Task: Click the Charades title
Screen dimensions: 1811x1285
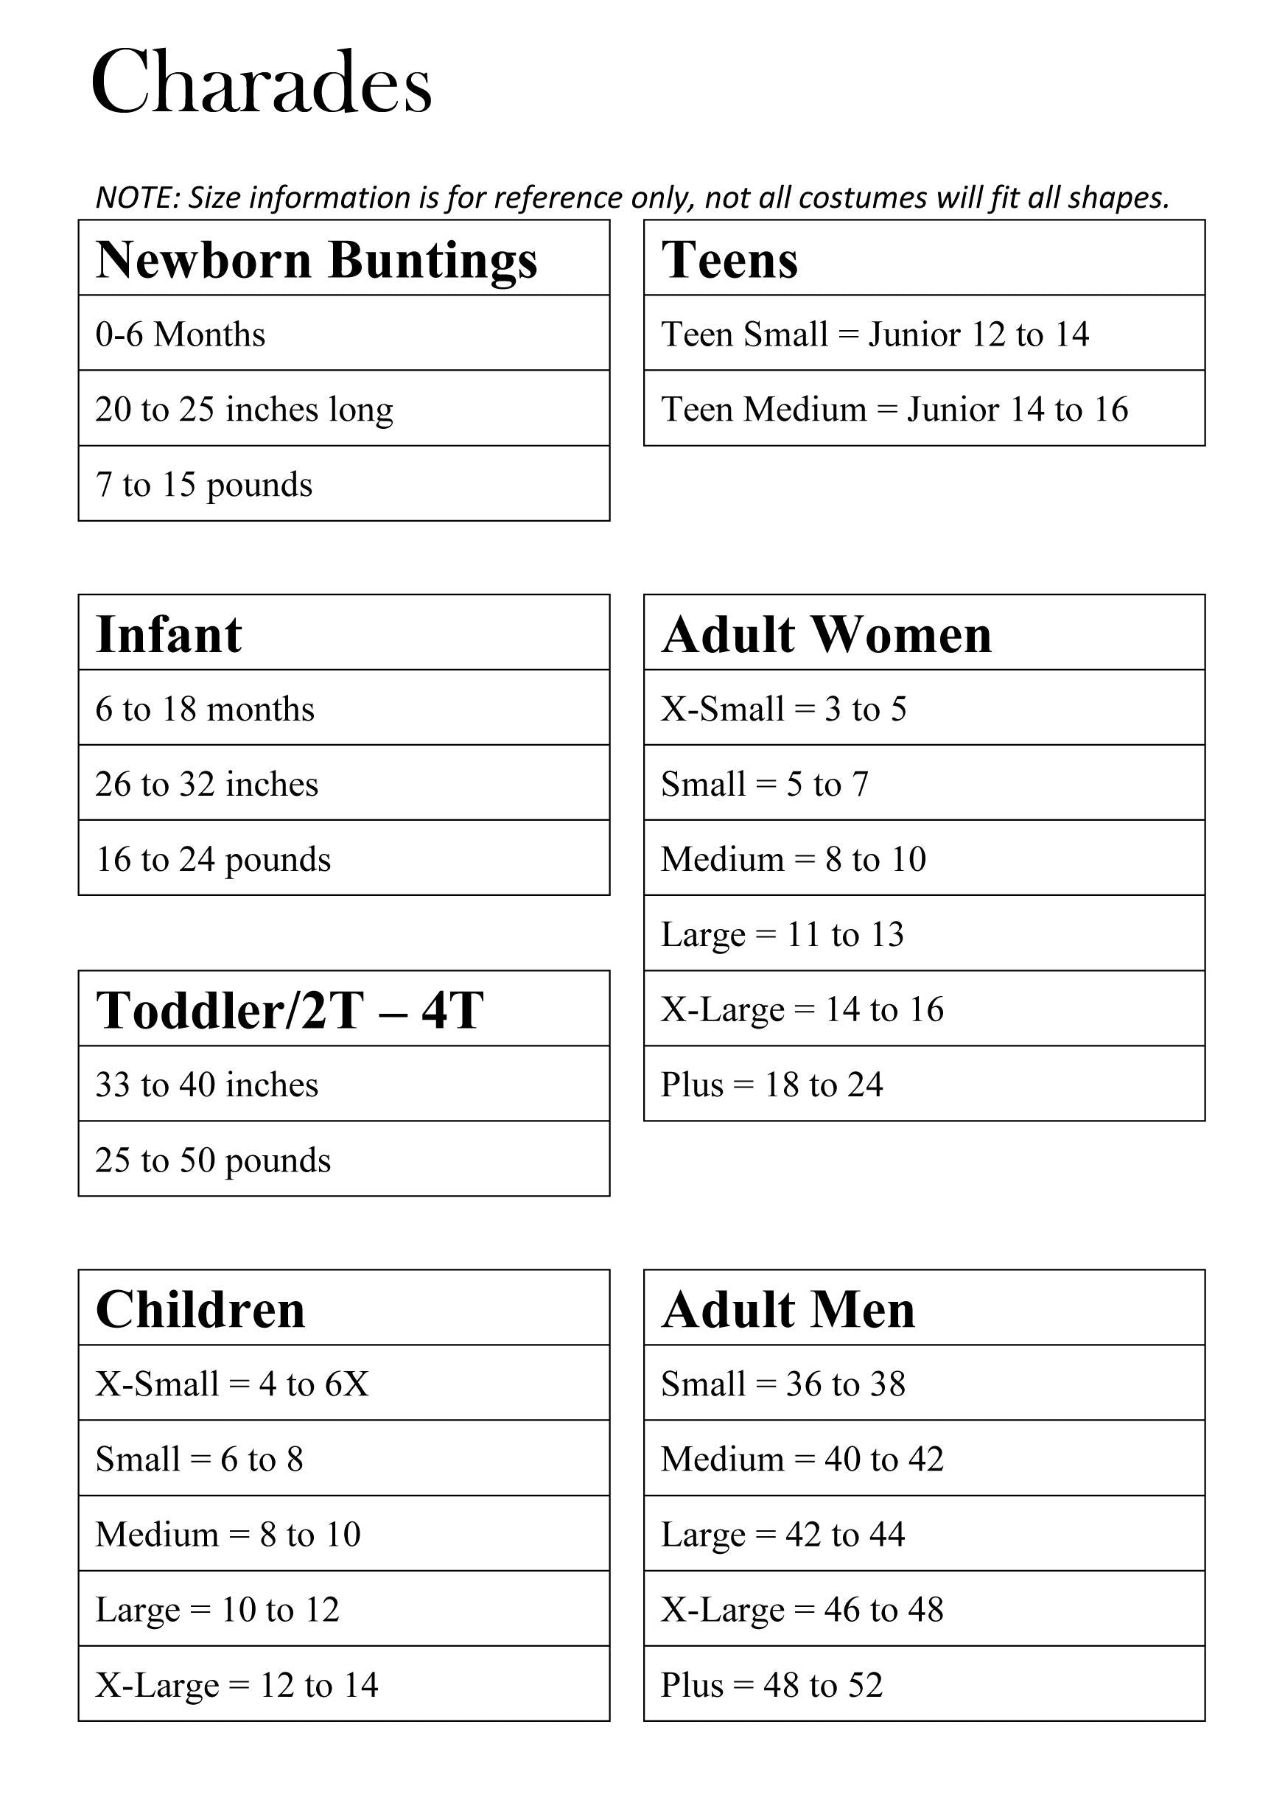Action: point(261,83)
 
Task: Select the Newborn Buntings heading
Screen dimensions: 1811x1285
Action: point(317,259)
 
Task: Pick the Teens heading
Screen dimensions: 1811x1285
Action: point(729,259)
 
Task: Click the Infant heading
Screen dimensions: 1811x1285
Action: point(169,634)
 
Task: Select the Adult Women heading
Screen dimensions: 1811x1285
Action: point(826,634)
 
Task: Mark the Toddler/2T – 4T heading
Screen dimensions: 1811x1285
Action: point(290,1010)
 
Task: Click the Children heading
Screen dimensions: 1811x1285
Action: point(200,1309)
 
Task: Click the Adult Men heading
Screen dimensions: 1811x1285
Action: point(788,1309)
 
